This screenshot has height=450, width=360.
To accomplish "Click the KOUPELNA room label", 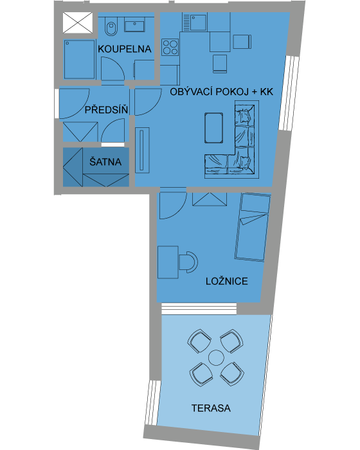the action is coord(124,49).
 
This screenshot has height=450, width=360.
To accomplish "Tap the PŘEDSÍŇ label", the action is coord(106,110).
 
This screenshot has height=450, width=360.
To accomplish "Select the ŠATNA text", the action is coord(105,162).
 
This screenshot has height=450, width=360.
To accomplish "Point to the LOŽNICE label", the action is coord(227,282).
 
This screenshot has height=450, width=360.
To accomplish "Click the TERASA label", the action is coord(211,408).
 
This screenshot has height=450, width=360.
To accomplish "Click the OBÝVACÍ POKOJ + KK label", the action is coord(221,92).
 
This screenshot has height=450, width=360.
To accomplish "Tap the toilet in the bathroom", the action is coord(111,24).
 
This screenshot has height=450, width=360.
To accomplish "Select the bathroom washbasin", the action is coord(135,26).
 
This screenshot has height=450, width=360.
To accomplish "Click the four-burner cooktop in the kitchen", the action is coord(170,48).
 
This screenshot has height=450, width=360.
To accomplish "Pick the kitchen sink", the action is coord(194,22).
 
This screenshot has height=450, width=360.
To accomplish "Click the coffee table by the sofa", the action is coord(214,128).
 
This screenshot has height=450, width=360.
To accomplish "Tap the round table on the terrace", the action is coord(216,357).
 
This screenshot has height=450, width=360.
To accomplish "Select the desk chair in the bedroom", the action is coord(188,262).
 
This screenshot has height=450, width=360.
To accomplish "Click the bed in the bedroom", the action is coord(253,228).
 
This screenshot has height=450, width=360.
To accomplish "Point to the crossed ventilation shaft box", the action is coord(78,22).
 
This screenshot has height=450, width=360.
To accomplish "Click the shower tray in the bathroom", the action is coord(79,59).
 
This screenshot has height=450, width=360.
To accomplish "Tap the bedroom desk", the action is coord(168,262).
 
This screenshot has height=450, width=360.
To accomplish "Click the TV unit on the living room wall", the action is coord(142,150).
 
